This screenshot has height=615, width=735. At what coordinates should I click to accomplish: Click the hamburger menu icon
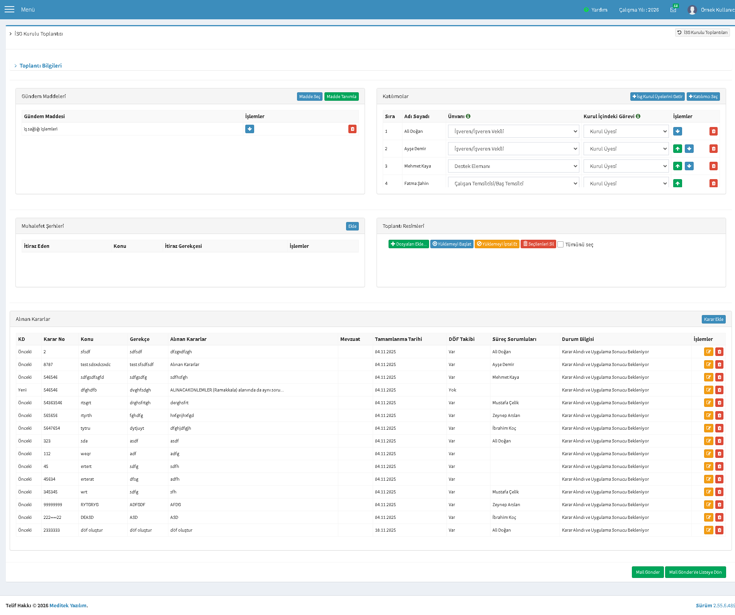tap(9, 9)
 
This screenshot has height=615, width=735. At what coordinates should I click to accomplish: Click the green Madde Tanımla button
tap(341, 97)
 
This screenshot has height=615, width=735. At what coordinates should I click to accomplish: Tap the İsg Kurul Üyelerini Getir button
tap(657, 97)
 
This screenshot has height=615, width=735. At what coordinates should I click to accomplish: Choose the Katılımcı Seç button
tap(703, 97)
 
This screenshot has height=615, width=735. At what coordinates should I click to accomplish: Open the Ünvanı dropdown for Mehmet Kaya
tap(513, 166)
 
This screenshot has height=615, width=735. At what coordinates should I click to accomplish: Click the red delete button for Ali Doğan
tap(713, 131)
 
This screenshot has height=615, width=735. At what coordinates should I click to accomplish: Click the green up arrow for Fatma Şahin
tap(677, 183)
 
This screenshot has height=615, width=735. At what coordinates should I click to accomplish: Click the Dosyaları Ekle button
tap(409, 244)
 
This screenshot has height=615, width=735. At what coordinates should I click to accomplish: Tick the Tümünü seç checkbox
tap(560, 244)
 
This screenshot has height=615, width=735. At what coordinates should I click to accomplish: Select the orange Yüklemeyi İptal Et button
tap(497, 244)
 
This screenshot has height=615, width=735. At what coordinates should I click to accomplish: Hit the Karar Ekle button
tap(713, 319)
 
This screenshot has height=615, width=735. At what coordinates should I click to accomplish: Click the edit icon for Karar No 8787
tap(708, 364)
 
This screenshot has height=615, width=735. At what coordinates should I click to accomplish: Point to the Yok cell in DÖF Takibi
tap(452, 390)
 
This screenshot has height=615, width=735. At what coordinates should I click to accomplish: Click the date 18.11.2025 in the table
tap(385, 530)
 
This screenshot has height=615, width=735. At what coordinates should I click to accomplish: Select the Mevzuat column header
tap(350, 339)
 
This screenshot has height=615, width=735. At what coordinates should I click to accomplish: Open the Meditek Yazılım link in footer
tap(68, 605)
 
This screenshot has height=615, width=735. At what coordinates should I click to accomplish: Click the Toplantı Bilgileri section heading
tap(41, 66)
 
